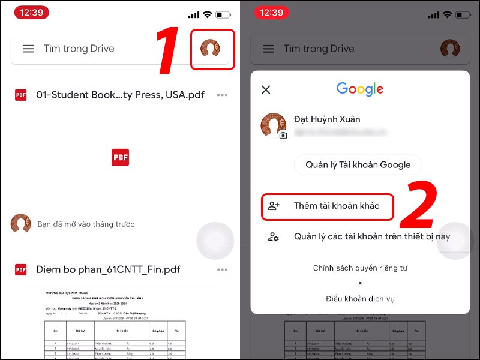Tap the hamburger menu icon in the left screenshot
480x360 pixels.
coord(28,49)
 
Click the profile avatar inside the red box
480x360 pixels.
coord(210,49)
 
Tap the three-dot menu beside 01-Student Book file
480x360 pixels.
coord(223,95)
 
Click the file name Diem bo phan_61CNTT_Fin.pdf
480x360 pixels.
coord(108,269)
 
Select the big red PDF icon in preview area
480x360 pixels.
coord(120,157)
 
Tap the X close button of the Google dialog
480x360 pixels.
coord(266,90)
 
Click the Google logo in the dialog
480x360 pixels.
coord(359,89)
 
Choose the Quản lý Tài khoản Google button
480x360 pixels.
coord(358,165)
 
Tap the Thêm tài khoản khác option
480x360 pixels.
coord(336,206)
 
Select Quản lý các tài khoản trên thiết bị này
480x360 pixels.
coord(371,236)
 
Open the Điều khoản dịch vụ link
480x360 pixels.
coord(360,298)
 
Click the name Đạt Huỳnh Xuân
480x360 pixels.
coord(327,119)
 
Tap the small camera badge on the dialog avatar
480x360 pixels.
coord(283,135)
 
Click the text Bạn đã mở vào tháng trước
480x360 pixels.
coord(86,224)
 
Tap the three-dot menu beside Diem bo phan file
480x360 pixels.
coord(223,270)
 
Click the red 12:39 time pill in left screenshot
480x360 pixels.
coord(31,13)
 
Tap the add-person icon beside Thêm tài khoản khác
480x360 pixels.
coord(274,206)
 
